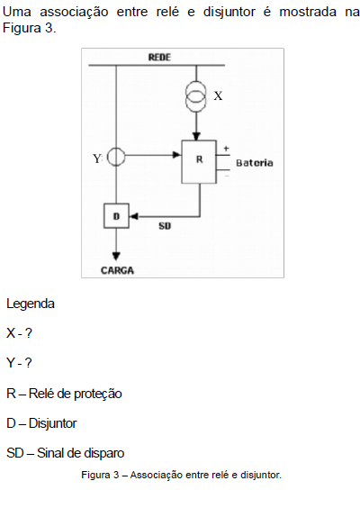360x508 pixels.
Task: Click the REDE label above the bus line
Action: tap(159, 58)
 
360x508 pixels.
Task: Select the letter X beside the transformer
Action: tap(218, 95)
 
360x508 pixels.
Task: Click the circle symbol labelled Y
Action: tap(116, 157)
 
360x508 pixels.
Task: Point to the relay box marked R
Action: tap(199, 161)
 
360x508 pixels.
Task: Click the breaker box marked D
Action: tap(116, 216)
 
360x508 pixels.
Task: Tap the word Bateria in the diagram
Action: tap(255, 163)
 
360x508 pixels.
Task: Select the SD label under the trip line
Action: tap(165, 226)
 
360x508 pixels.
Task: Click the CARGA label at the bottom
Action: tap(117, 270)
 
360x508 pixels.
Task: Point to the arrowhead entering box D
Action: tap(133, 216)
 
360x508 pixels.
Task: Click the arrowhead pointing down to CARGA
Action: tap(116, 257)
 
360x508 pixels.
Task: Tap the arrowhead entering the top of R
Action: tap(196, 136)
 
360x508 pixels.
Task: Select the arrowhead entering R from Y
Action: tap(176, 155)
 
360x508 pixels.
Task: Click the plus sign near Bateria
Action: tap(226, 149)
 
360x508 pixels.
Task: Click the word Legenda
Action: tap(31, 304)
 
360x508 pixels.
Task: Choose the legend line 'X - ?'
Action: tap(19, 333)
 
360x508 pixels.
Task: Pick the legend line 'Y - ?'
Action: tap(19, 363)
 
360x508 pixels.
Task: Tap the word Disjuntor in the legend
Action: tap(52, 423)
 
